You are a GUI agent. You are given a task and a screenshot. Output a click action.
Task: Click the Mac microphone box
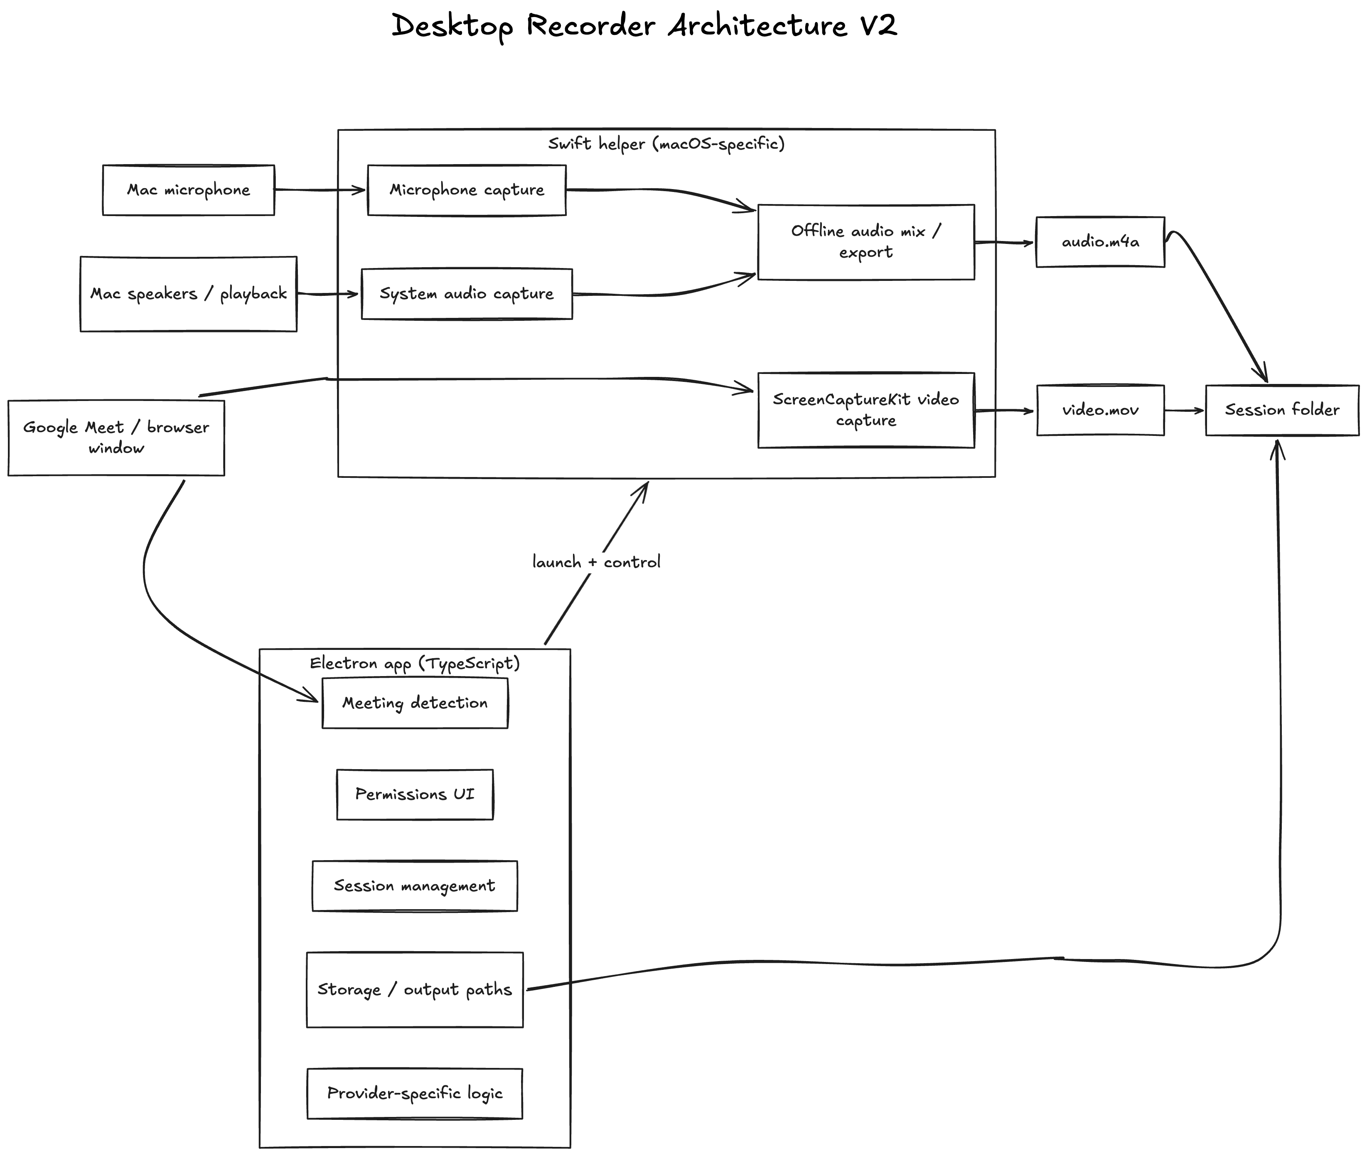coord(189,190)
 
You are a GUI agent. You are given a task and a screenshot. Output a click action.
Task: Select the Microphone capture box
coord(467,190)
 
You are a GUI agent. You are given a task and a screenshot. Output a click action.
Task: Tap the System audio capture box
coord(467,294)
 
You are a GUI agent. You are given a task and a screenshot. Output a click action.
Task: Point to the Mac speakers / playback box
coord(189,294)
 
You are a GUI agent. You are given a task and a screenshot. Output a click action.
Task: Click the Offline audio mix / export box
coord(865,242)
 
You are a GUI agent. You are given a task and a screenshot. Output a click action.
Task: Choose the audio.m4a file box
coord(1100,242)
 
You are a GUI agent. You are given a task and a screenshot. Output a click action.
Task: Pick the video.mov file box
coord(1100,410)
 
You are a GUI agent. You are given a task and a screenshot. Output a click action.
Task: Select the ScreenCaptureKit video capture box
coord(865,410)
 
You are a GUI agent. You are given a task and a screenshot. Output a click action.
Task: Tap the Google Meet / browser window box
coord(116,438)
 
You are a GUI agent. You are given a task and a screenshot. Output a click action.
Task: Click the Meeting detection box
coord(415,703)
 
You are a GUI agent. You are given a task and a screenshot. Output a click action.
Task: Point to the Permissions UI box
coord(415,794)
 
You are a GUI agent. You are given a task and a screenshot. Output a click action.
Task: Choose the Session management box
coord(415,886)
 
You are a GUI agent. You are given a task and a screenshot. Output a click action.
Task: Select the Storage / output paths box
coord(415,989)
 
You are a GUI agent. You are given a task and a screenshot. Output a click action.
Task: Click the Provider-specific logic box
coord(415,1094)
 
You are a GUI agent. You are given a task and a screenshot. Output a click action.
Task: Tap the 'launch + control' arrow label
coord(596,562)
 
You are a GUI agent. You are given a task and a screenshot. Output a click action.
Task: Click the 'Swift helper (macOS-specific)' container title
coord(666,143)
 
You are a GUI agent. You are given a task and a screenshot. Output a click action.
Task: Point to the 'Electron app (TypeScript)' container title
coord(415,663)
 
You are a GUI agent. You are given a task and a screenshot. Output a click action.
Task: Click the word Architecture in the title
coord(757,26)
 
